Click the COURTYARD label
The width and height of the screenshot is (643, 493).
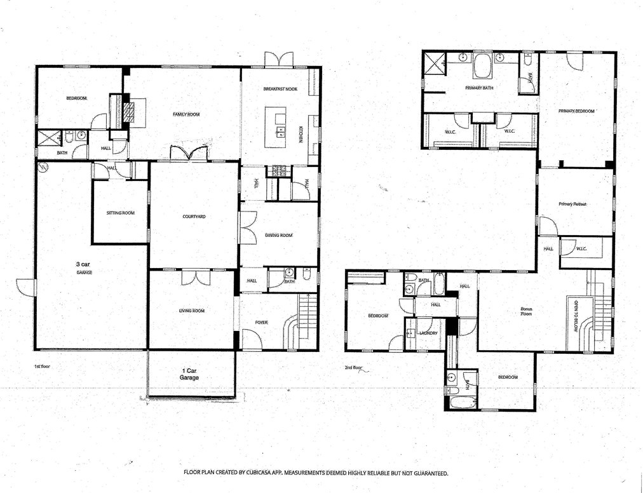click(x=194, y=217)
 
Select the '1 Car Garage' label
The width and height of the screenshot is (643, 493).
click(x=189, y=374)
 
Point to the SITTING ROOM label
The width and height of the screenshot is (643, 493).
click(x=121, y=213)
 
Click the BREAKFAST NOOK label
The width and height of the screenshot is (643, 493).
click(x=280, y=89)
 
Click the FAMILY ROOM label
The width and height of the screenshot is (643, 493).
click(x=186, y=114)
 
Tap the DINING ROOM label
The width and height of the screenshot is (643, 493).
click(x=279, y=235)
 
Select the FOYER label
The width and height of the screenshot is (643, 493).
click(x=261, y=322)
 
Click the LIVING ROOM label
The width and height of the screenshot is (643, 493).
click(x=192, y=311)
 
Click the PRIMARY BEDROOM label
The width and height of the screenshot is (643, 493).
click(x=576, y=111)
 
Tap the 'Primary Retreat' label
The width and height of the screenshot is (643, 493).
click(x=572, y=204)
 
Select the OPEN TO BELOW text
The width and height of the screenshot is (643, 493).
click(x=576, y=316)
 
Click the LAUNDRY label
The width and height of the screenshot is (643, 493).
click(x=428, y=333)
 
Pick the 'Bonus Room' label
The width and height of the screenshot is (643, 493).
click(x=526, y=311)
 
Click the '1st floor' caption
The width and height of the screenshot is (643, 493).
click(x=42, y=367)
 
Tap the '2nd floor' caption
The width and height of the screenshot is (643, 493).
click(x=353, y=368)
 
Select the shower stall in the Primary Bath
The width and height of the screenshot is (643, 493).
click(x=433, y=63)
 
